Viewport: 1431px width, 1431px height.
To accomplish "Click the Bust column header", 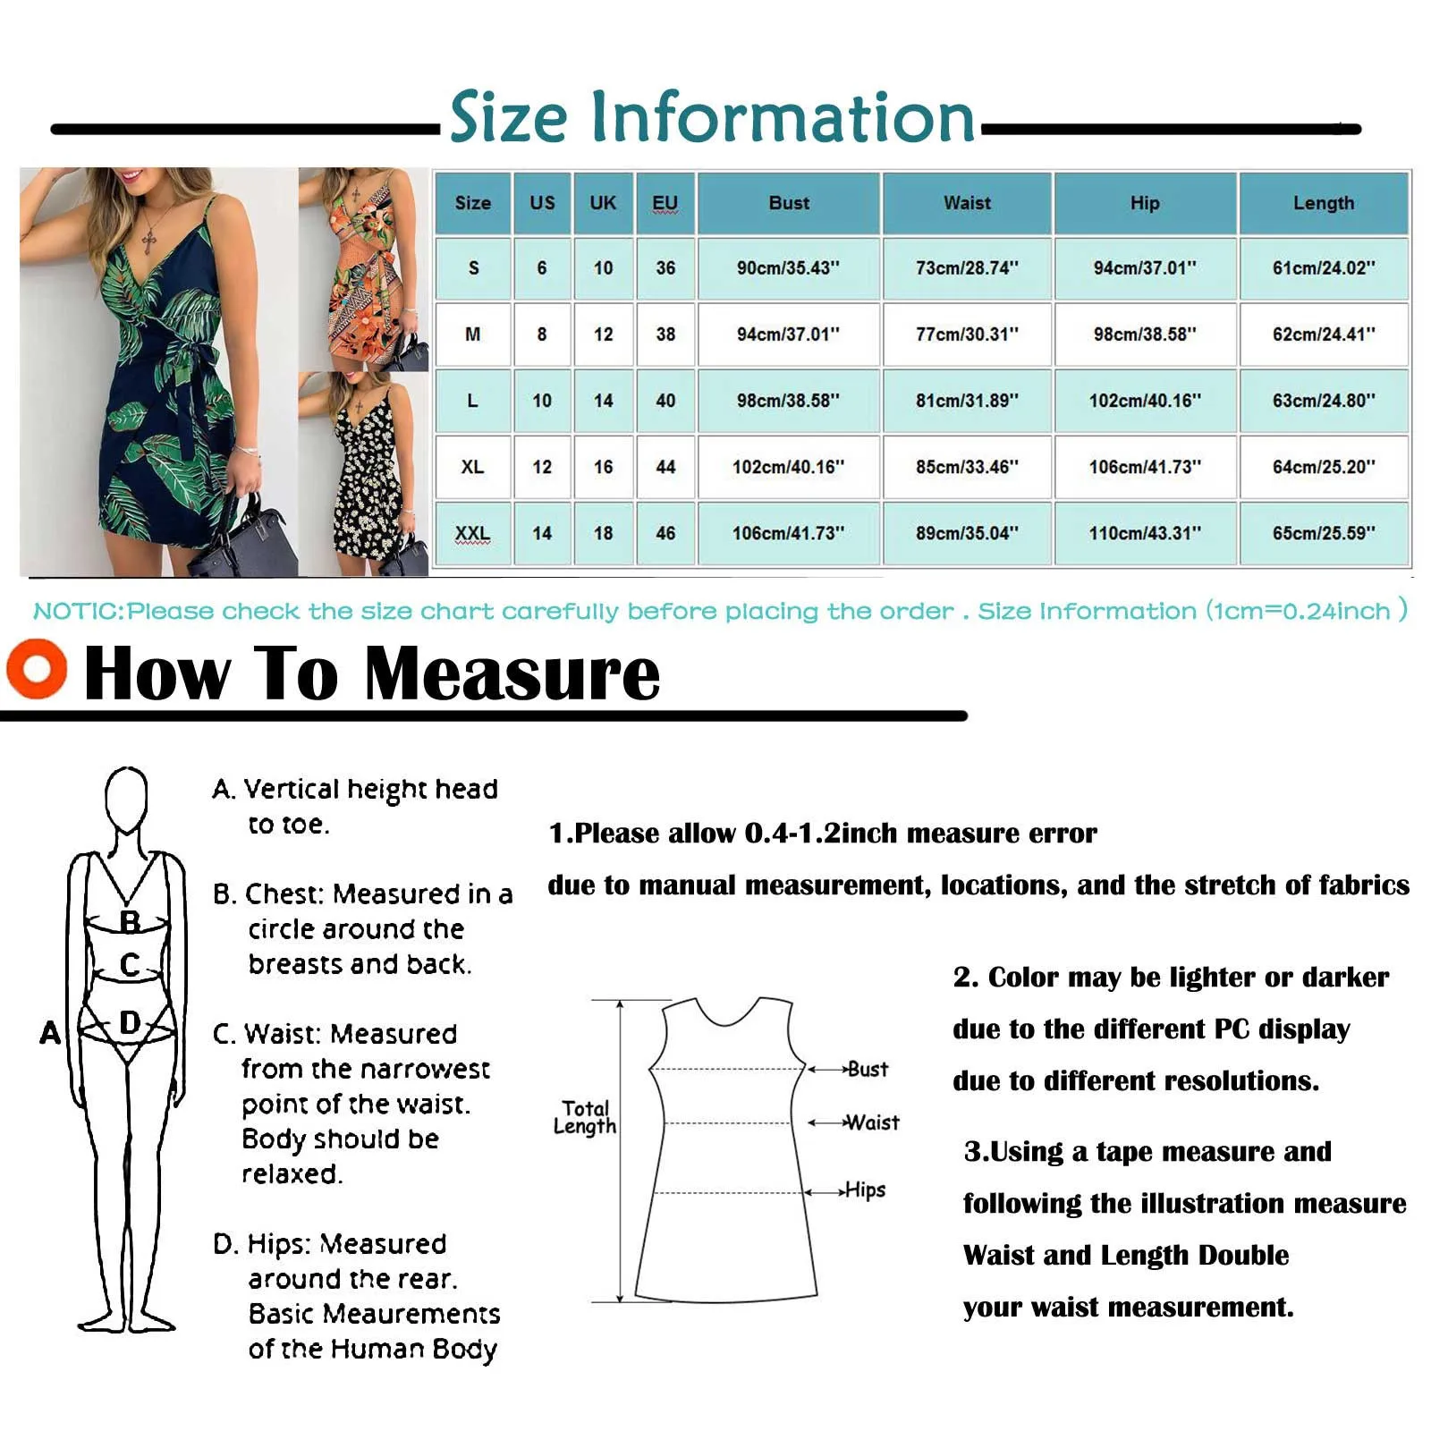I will pos(788,203).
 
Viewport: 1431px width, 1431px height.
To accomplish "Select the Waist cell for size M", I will pos(967,334).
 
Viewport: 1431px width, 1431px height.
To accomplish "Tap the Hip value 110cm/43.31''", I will pos(1144,533).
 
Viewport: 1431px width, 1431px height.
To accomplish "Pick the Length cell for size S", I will pos(1323,267).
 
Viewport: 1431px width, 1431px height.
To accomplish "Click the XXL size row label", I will pos(472,533).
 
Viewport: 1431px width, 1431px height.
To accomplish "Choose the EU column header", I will pos(665,203).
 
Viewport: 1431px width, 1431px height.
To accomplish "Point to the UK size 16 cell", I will pos(603,467).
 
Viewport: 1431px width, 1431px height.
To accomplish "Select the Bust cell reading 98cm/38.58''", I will pos(788,401).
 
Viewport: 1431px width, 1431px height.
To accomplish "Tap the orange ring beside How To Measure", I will pos(37,668).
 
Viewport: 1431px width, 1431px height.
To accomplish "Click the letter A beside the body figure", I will pos(50,1033).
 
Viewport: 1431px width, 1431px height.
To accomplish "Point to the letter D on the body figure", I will pos(131,1022).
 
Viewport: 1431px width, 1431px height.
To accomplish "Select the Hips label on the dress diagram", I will pos(865,1190).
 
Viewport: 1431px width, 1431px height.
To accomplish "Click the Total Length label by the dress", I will pos(585,1117).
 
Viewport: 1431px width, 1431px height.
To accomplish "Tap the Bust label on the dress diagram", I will pos(867,1069).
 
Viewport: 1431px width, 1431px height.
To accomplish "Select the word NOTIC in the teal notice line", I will pos(78,612).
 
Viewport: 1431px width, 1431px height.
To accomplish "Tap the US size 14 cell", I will pos(541,533).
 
